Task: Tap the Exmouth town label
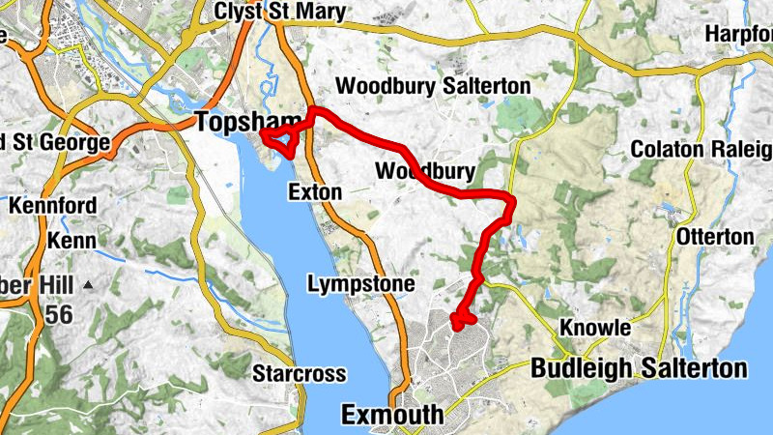(393, 416)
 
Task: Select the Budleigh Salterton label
(639, 368)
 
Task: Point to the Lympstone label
(361, 284)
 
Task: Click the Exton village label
(315, 192)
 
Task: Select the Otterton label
(715, 237)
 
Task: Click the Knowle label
(596, 329)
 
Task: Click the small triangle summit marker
(89, 285)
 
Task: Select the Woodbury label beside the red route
(424, 172)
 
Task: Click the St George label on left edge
(53, 142)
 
